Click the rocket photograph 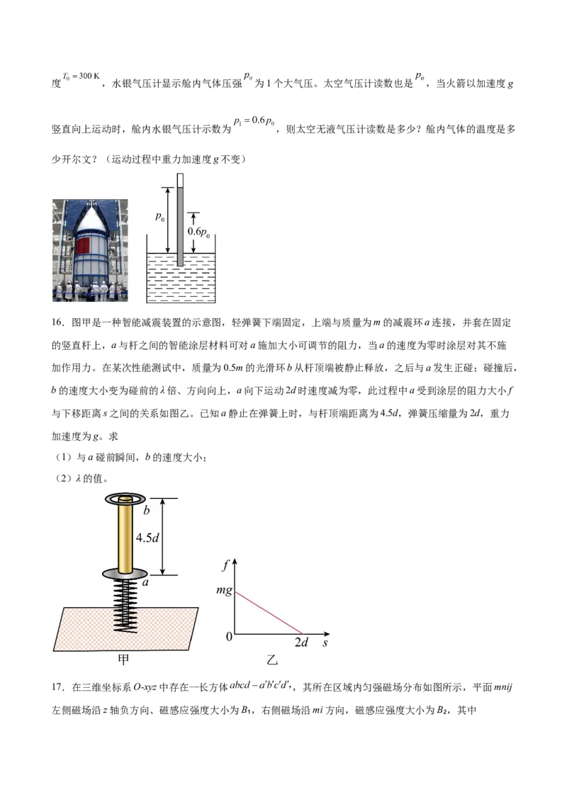click(x=90, y=251)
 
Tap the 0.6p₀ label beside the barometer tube click(x=198, y=232)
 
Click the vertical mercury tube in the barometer click(x=180, y=220)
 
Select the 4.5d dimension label click(x=147, y=538)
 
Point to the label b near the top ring click(x=146, y=510)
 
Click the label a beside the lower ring click(x=145, y=582)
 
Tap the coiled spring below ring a click(x=125, y=605)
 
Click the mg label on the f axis click(x=224, y=590)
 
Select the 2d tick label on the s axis click(x=301, y=643)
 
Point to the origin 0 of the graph click(x=229, y=636)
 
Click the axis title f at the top click(x=225, y=565)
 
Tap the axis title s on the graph click(x=325, y=643)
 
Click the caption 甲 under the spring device click(x=123, y=660)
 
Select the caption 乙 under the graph click(x=271, y=660)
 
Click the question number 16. click(x=58, y=322)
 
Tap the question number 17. click(x=58, y=687)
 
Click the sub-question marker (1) click(x=64, y=457)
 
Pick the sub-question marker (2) click(x=64, y=479)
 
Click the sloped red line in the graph click(x=269, y=613)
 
